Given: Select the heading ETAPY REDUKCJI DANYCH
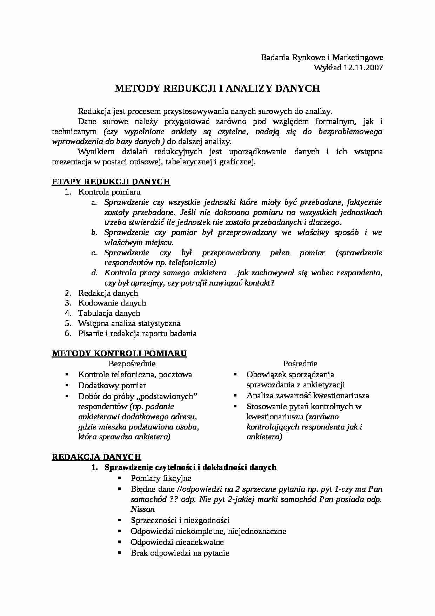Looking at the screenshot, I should point(111,182).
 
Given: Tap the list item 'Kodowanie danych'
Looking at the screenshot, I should point(112,303).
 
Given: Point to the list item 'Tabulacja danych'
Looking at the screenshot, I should point(109,313).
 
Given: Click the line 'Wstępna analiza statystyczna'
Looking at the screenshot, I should point(129,323).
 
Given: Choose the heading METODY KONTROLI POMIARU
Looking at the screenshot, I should point(119,354).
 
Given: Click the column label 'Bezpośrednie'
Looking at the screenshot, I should point(132,364).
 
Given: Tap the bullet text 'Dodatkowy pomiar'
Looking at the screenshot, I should point(112,386).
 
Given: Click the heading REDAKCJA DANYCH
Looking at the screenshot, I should point(96,457).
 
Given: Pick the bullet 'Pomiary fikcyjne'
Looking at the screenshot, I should point(161,478).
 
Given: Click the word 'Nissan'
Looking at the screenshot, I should point(143,509).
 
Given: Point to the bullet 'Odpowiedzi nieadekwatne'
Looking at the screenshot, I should point(177,542).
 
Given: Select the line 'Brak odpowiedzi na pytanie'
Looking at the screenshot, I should point(180,553).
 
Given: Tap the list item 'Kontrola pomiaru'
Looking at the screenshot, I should point(109,192).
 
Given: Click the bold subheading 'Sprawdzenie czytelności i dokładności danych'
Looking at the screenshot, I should point(190,467).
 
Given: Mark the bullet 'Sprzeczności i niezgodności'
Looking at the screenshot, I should point(180,520).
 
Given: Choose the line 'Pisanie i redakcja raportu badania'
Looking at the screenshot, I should point(137,334).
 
